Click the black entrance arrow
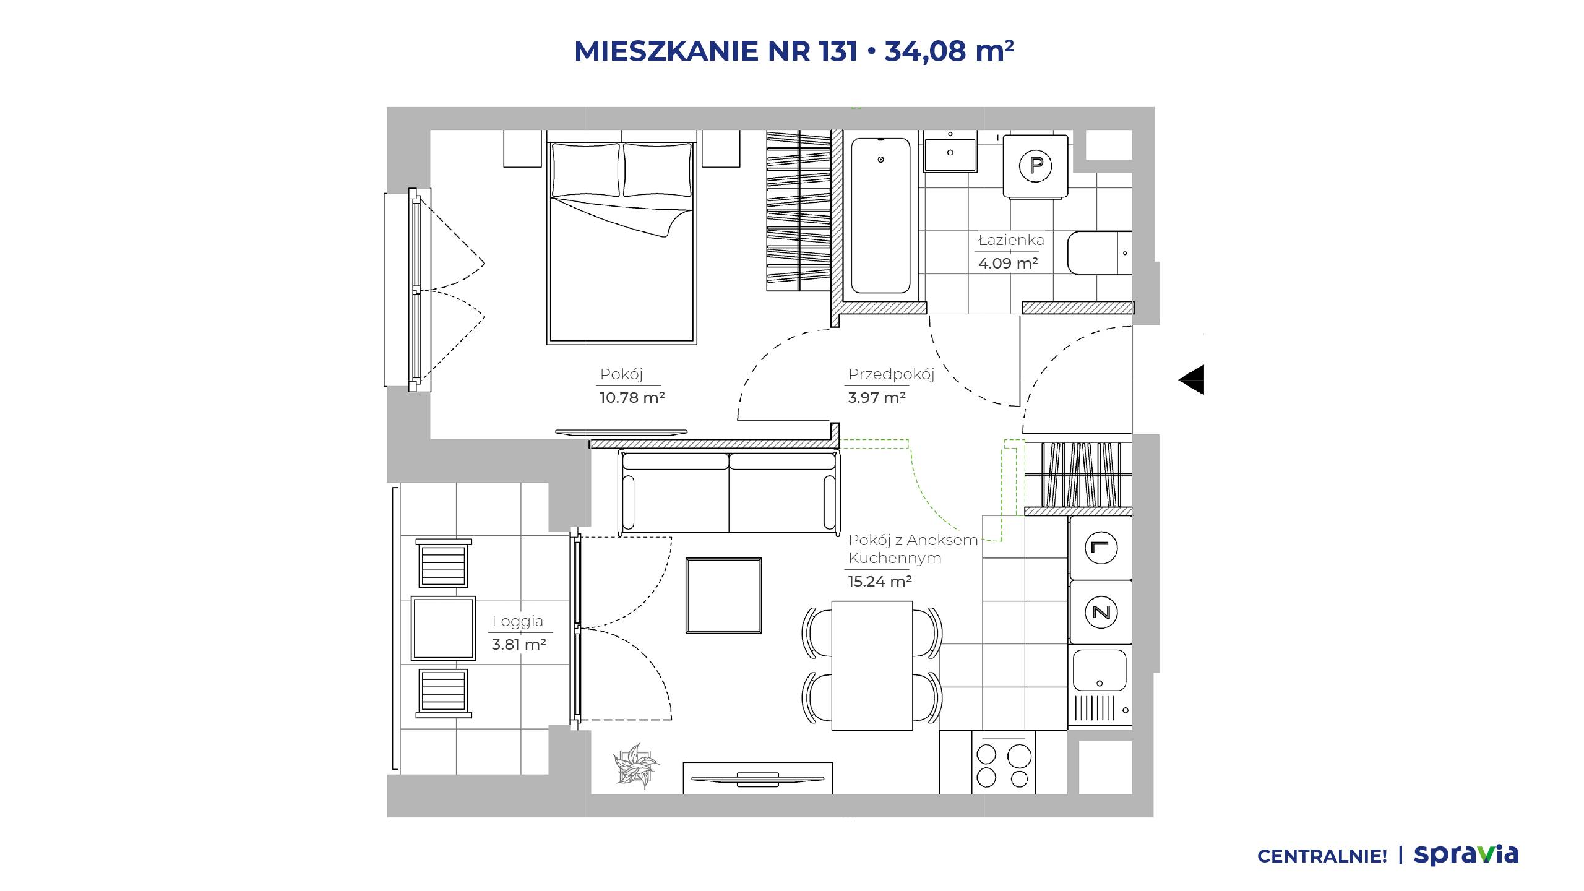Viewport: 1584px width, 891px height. tap(1192, 379)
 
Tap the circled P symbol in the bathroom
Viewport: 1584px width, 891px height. tap(1036, 165)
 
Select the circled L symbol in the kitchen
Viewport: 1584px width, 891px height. tap(1101, 548)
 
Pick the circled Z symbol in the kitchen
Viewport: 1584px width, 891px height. tap(1101, 612)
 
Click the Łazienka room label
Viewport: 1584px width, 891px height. tap(1011, 239)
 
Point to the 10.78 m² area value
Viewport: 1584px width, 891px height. tap(632, 397)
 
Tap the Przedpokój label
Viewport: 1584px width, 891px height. tap(891, 374)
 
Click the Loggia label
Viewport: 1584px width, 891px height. tap(517, 621)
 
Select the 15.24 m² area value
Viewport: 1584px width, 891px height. tap(880, 581)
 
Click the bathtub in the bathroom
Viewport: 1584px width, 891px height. tap(880, 215)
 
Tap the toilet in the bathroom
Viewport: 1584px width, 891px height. tap(1100, 253)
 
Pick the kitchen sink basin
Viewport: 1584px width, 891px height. tap(1100, 669)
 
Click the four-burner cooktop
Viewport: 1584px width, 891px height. tap(1003, 763)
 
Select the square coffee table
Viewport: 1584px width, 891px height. tap(723, 595)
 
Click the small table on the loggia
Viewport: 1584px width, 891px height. tap(443, 628)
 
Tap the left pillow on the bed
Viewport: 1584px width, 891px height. tap(585, 170)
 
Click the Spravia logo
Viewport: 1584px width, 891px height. tap(1466, 855)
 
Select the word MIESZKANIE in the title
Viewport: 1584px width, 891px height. tap(666, 51)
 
